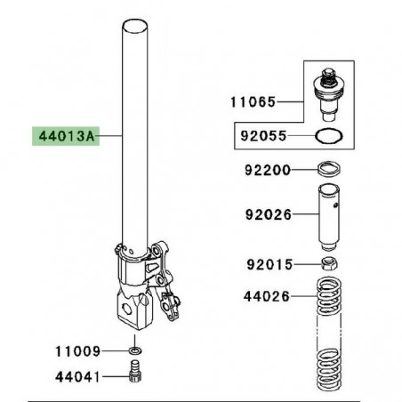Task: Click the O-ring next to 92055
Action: pos(328,138)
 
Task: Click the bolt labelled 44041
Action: pos(135,377)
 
